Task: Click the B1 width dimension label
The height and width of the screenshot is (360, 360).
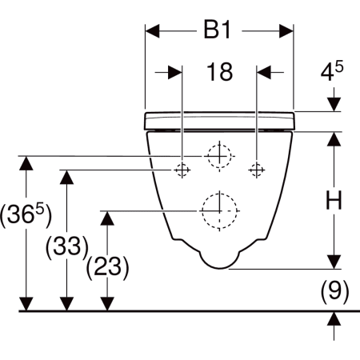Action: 217,30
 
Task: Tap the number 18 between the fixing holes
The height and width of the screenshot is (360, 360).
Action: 219,72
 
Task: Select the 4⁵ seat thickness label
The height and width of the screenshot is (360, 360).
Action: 332,70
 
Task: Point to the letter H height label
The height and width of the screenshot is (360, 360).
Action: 334,200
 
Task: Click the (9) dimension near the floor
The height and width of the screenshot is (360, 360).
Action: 334,292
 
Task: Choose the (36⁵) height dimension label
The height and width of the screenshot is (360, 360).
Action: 26,215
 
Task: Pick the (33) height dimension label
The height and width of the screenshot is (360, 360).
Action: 66,246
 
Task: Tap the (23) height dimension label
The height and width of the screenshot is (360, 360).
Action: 107,267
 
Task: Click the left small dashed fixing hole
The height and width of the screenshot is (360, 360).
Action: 182,170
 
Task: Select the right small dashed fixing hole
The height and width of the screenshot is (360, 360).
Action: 257,170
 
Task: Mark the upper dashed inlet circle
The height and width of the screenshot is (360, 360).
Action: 219,156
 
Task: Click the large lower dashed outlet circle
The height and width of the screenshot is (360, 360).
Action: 219,210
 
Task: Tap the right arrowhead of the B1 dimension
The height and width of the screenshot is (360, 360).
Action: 286,31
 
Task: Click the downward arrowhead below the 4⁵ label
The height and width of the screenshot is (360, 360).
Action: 334,105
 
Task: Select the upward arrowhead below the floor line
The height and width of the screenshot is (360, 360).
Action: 334,318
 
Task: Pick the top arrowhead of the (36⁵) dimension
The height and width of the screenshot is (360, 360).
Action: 26,163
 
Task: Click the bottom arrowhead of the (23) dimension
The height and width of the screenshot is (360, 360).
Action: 107,304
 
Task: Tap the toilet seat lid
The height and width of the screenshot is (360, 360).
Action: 219,121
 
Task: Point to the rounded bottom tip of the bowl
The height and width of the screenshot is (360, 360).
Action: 220,268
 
